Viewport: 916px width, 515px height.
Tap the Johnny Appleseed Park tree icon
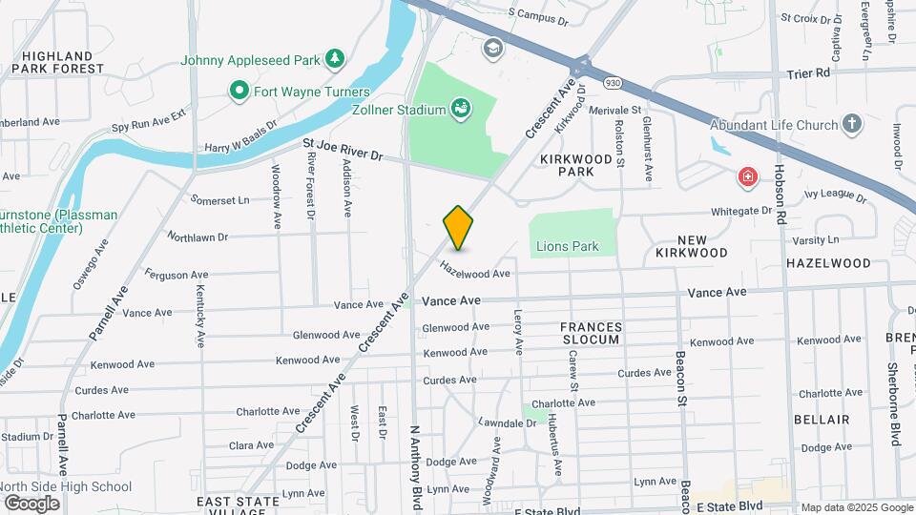point(334,60)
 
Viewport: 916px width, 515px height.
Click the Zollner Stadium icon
point(461,109)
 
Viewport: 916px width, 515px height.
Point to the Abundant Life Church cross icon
point(851,124)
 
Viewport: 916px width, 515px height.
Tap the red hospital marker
point(747,176)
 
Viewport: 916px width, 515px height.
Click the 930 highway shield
point(611,84)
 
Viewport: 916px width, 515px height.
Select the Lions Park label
point(567,246)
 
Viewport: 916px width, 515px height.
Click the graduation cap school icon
point(492,48)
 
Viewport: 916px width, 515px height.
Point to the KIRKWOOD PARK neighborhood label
point(580,164)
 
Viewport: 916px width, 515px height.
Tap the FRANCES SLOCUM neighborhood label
point(592,333)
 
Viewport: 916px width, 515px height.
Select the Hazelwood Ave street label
point(474,271)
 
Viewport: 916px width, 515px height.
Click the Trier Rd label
point(809,72)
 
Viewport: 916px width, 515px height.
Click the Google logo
point(31,503)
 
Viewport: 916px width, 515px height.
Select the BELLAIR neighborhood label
point(822,420)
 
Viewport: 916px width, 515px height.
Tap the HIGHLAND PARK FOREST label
point(57,62)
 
